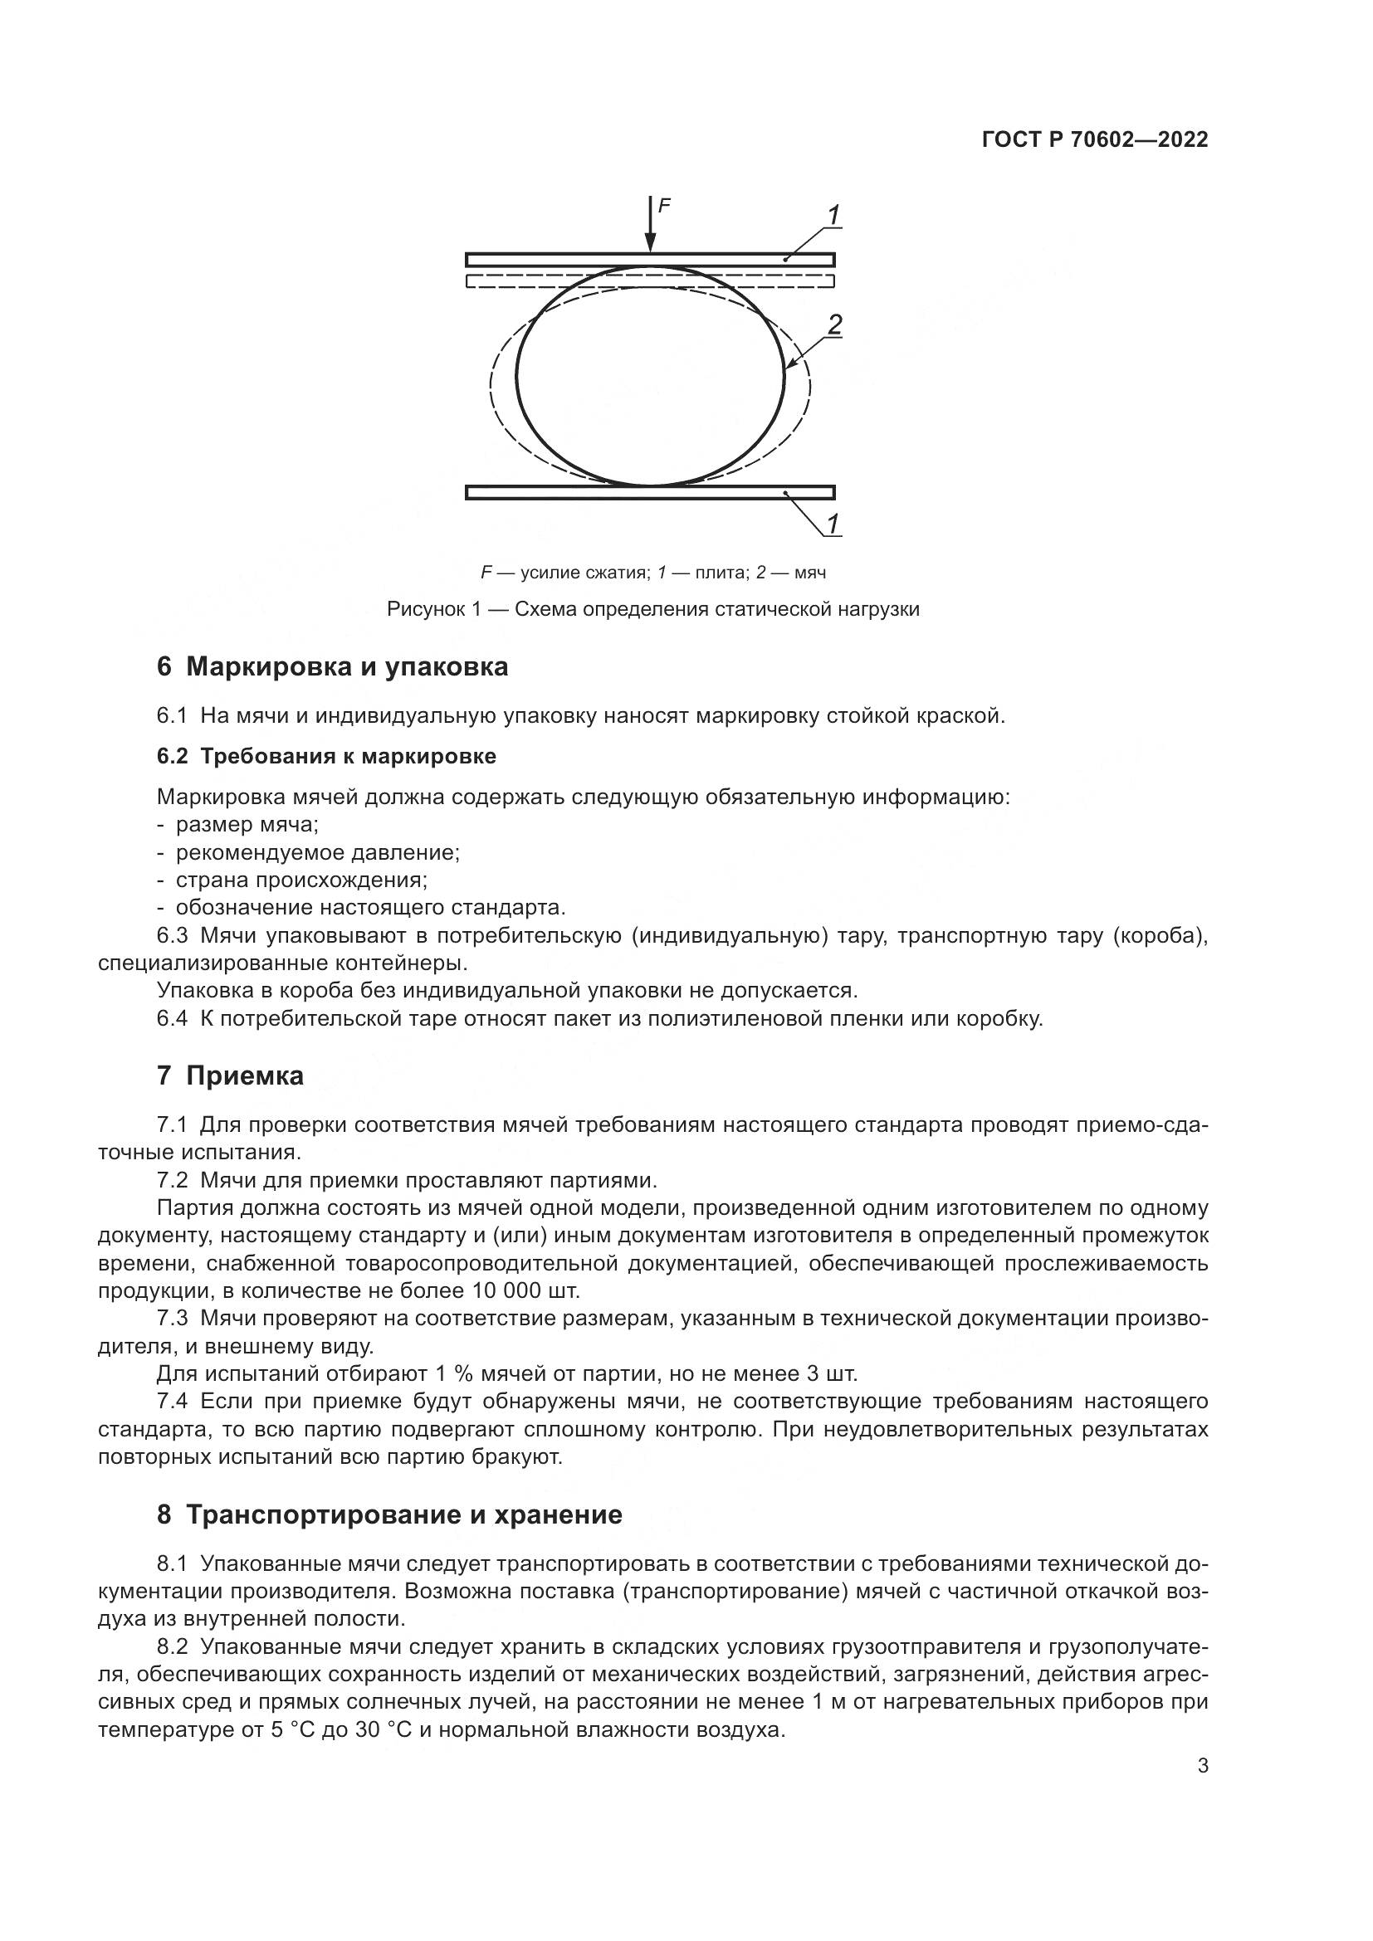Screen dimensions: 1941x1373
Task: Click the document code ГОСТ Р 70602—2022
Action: pyautogui.click(x=1095, y=140)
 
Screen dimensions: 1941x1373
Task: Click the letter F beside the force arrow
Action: pyautogui.click(x=664, y=205)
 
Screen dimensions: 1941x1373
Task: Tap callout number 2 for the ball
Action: pyautogui.click(x=834, y=324)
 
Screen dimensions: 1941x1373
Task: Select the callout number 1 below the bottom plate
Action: pyautogui.click(x=832, y=524)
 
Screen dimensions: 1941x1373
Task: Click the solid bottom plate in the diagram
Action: pyautogui.click(x=649, y=492)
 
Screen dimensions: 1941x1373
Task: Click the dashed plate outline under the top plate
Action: pyautogui.click(x=649, y=280)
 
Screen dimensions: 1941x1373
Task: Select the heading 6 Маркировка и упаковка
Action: pyautogui.click(x=332, y=667)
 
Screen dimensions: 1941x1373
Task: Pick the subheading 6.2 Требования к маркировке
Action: pyautogui.click(x=326, y=757)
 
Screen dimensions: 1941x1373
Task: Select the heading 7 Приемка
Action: pyautogui.click(x=230, y=1076)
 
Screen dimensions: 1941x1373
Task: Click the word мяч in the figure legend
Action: pyautogui.click(x=810, y=573)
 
